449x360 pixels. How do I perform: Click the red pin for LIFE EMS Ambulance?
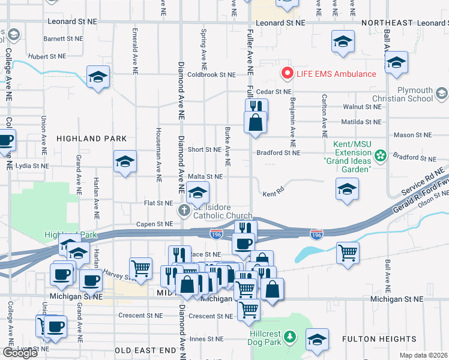[288, 74]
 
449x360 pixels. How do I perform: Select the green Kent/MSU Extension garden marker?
[380, 156]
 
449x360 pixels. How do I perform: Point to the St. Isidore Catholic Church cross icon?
[184, 211]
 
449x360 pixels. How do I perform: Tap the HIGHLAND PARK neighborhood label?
[91, 139]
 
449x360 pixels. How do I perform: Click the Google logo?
[19, 353]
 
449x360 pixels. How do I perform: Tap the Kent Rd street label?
[273, 194]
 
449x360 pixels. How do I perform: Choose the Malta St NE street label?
[205, 176]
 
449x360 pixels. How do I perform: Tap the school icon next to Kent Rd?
[347, 189]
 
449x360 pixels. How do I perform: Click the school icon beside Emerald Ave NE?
[98, 77]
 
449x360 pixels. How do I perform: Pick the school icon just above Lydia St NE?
[125, 161]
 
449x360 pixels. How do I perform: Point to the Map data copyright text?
[424, 355]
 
